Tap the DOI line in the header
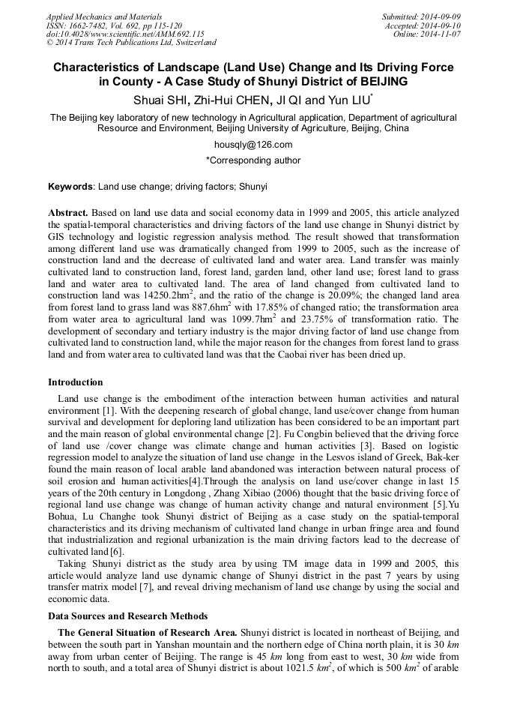pyautogui.click(x=125, y=34)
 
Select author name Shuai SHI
pyautogui.click(x=160, y=100)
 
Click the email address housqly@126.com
pyautogui.click(x=253, y=145)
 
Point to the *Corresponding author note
pyautogui.click(x=253, y=160)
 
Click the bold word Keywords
pyautogui.click(x=70, y=186)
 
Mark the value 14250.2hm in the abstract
pyautogui.click(x=157, y=297)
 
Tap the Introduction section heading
pyautogui.click(x=75, y=382)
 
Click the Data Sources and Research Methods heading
pyautogui.click(x=128, y=616)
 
